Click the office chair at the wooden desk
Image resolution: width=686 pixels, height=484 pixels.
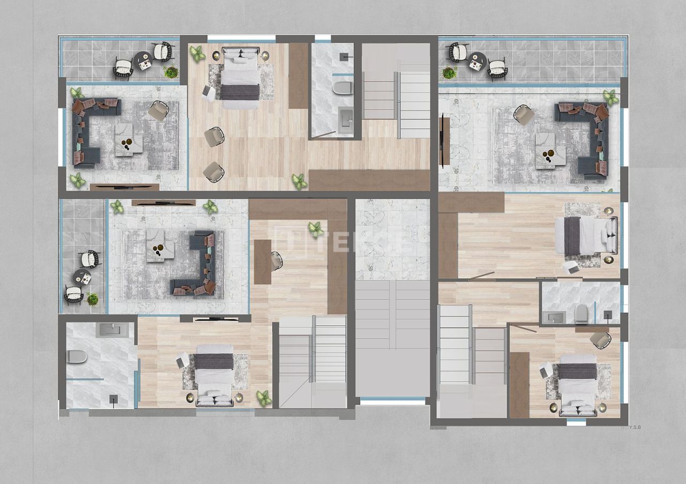tap(277, 261)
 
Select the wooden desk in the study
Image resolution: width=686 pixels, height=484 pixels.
tap(262, 262)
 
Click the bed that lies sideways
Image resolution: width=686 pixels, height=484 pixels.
tap(586, 236)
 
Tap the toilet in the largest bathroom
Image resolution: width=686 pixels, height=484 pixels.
tap(77, 357)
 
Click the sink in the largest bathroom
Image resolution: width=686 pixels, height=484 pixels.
tap(111, 330)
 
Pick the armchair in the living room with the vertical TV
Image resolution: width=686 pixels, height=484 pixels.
tap(523, 115)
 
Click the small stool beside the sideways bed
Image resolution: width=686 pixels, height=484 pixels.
tap(571, 267)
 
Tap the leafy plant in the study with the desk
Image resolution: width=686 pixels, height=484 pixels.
tap(316, 229)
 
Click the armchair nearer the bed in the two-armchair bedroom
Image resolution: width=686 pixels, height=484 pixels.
tap(214, 137)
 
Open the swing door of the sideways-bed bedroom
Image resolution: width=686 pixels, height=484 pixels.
tap(481, 276)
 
